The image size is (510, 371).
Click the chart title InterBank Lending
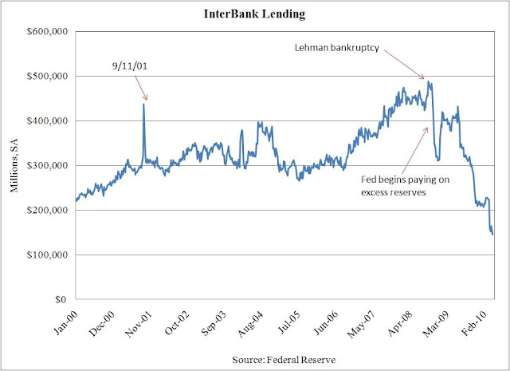pyautogui.click(x=255, y=13)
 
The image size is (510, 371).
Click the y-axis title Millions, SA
pyautogui.click(x=14, y=165)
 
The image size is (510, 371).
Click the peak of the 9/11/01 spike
pyautogui.click(x=143, y=104)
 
